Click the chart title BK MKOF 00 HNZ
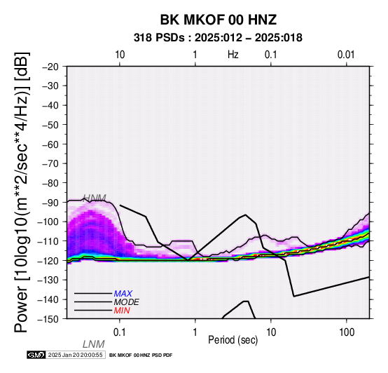[x=219, y=20]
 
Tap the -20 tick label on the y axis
[x=50, y=67]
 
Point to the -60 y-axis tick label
[x=50, y=144]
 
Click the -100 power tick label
[x=48, y=222]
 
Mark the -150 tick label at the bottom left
[x=48, y=319]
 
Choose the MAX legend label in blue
[x=123, y=294]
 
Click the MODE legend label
[x=127, y=302]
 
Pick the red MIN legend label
[x=122, y=311]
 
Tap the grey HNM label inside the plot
[x=95, y=198]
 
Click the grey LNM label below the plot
[x=94, y=344]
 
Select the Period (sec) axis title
[x=233, y=340]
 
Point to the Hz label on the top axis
[x=233, y=55]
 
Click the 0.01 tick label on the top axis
[x=346, y=55]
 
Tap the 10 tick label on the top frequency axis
[x=120, y=55]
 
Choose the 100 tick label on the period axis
[x=347, y=332]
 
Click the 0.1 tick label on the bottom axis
[x=119, y=332]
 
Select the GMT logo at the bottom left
[x=36, y=355]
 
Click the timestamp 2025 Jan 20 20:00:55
[x=76, y=355]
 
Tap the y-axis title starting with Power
[x=22, y=192]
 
